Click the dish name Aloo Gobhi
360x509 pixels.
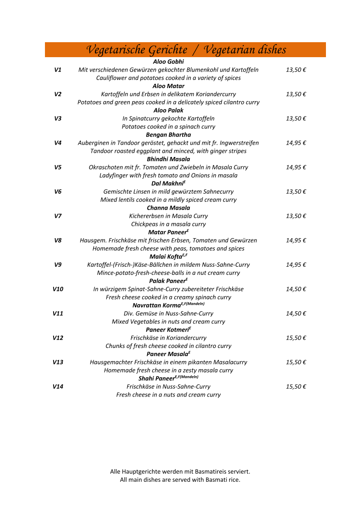(168, 62)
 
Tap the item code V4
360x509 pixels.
(58, 143)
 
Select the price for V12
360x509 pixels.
(296, 338)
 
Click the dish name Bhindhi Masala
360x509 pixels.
(168, 159)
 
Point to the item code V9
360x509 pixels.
(58, 264)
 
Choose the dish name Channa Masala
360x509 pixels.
(168, 208)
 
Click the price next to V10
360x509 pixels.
(296, 289)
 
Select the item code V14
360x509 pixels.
(58, 387)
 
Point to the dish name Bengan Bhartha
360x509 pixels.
(168, 135)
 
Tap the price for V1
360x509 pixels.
(296, 70)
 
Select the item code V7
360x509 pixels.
(58, 216)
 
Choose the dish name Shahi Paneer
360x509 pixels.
(156, 379)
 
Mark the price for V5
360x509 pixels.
(296, 167)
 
